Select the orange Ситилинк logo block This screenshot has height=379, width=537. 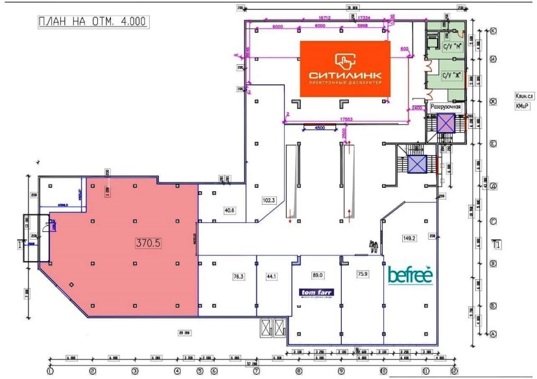344,68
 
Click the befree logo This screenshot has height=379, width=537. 410,275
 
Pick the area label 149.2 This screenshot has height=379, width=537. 409,238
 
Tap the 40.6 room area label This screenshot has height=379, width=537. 229,210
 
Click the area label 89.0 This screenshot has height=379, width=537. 317,275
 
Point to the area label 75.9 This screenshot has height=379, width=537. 363,274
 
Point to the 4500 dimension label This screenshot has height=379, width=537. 320,128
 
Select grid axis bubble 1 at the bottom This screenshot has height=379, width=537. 50,371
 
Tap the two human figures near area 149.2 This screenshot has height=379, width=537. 373,246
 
